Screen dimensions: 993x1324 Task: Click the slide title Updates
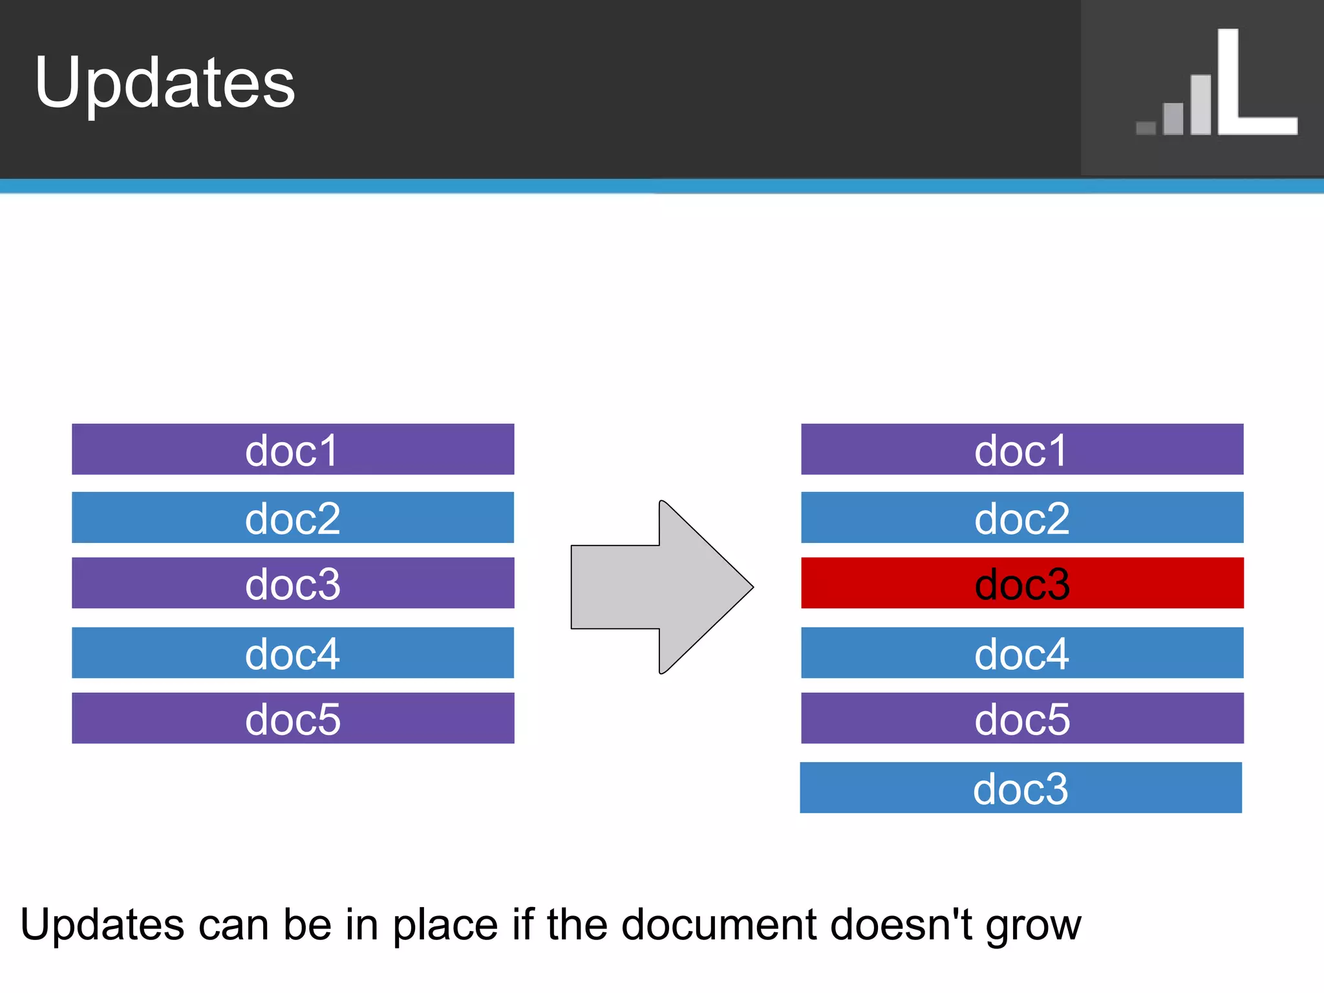(x=165, y=82)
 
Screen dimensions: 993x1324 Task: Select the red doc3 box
(x=1021, y=583)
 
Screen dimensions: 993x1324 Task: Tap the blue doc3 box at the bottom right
(x=1020, y=787)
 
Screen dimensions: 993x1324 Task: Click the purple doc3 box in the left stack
(x=292, y=583)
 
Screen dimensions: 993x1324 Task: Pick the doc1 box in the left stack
(x=292, y=449)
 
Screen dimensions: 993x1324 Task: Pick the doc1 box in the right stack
(x=1021, y=449)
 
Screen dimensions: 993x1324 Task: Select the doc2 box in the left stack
(x=292, y=517)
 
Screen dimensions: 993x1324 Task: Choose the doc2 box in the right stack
(x=1021, y=517)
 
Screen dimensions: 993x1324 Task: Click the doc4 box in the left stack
(x=292, y=653)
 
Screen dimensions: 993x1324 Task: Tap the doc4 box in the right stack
(x=1021, y=653)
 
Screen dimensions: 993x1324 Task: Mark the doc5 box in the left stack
(x=292, y=718)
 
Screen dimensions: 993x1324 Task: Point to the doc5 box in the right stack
(x=1021, y=718)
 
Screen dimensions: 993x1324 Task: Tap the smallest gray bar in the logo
(x=1146, y=128)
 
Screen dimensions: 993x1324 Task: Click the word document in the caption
(x=719, y=924)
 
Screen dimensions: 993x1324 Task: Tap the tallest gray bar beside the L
(x=1201, y=105)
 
